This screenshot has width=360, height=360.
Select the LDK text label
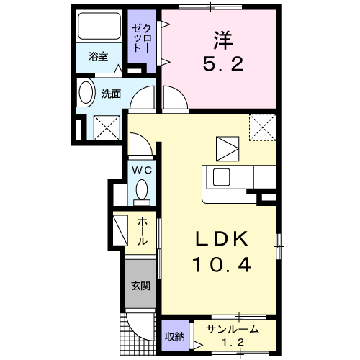coord(220,238)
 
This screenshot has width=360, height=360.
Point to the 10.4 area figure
coord(220,266)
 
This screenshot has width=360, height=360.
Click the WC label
coord(141,170)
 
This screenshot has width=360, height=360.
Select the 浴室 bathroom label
coord(98,57)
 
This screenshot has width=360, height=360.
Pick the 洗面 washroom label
coord(110,94)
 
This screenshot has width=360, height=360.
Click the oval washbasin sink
coord(86,94)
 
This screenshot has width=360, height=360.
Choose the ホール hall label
coord(142,231)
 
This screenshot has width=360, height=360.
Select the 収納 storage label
coord(175,337)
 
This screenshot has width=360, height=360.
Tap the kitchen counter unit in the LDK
coord(230,176)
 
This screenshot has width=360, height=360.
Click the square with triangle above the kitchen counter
coord(230,148)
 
